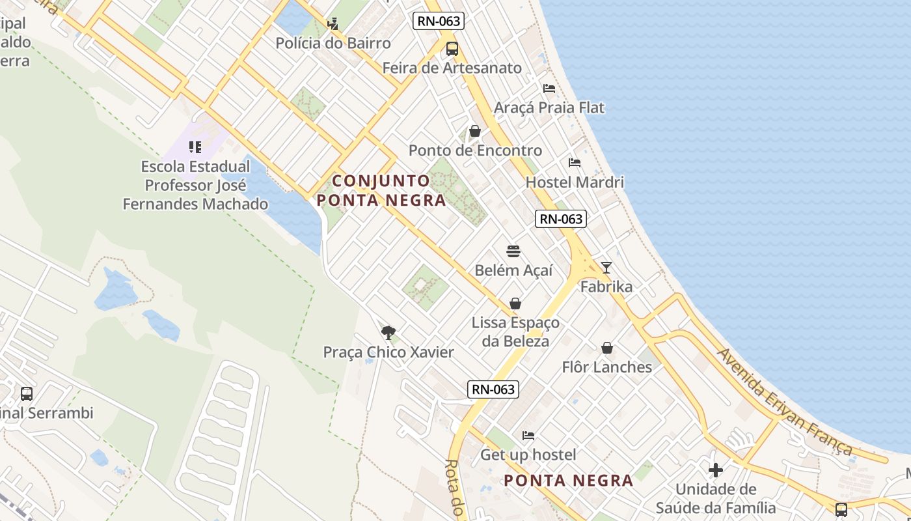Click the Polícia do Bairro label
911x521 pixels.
coord(333,44)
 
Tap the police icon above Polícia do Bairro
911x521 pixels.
coord(333,24)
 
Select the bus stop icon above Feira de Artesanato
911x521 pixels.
coord(452,48)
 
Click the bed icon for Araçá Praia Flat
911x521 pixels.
coord(549,88)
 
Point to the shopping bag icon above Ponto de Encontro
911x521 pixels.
coord(475,131)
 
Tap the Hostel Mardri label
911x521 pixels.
coord(574,182)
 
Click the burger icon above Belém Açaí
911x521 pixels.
coord(513,251)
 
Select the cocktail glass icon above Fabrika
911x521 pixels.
coord(606,267)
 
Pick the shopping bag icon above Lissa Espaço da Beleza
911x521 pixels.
coord(515,303)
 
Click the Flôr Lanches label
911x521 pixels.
coord(606,367)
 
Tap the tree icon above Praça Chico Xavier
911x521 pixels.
coord(388,333)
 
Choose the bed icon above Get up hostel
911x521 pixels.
coord(528,435)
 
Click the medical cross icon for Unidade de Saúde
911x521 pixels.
coord(716,470)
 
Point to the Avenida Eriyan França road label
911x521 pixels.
coord(784,402)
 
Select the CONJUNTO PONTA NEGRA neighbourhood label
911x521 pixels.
coord(382,190)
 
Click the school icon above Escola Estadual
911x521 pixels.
coord(195,147)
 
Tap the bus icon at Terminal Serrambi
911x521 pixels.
coord(27,393)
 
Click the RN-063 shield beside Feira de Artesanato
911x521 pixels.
coord(438,21)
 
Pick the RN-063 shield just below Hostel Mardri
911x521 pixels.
coord(561,219)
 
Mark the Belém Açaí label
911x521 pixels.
coord(513,270)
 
